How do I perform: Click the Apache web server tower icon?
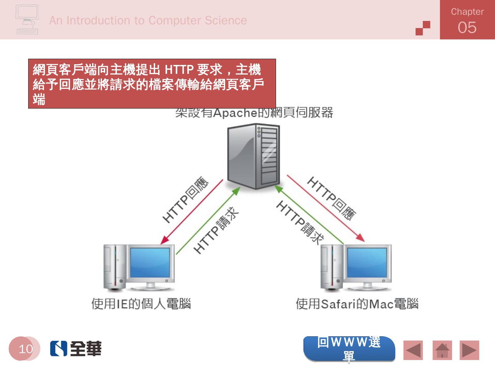coord(254,156)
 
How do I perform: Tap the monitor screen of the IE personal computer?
coord(150,262)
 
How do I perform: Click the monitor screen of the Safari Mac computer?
coord(367,262)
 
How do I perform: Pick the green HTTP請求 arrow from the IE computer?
coord(208,221)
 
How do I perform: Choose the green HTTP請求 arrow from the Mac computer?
coord(309,214)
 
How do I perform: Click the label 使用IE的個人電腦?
coord(141,304)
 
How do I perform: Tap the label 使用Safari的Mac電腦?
coord(357,304)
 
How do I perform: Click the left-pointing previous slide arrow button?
coord(413,350)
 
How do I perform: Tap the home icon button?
coord(442,350)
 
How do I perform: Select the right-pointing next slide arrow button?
coord(469,350)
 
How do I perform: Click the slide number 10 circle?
coord(25,349)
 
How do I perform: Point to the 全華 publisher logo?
coord(76,349)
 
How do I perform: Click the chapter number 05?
coord(467,27)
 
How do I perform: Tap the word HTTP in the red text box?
coord(179,70)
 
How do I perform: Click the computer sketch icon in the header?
coord(27,20)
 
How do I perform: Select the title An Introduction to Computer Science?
coord(148,21)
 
